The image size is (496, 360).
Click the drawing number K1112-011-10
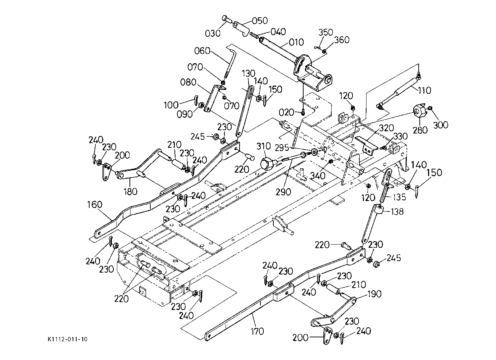[68, 339]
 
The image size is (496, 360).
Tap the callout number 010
[296, 42]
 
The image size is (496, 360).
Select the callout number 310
[264, 146]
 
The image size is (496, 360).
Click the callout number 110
[424, 90]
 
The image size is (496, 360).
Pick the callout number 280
[420, 130]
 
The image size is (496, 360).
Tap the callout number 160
[95, 204]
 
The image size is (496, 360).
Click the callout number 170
[257, 331]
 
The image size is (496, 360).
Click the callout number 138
[397, 212]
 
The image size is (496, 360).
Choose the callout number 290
[284, 192]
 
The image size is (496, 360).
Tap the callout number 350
[326, 32]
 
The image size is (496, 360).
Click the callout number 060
[202, 51]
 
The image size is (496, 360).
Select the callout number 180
[131, 192]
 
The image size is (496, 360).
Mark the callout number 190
[374, 294]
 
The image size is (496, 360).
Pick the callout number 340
[318, 176]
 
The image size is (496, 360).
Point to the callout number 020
[286, 113]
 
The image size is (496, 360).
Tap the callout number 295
[282, 148]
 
